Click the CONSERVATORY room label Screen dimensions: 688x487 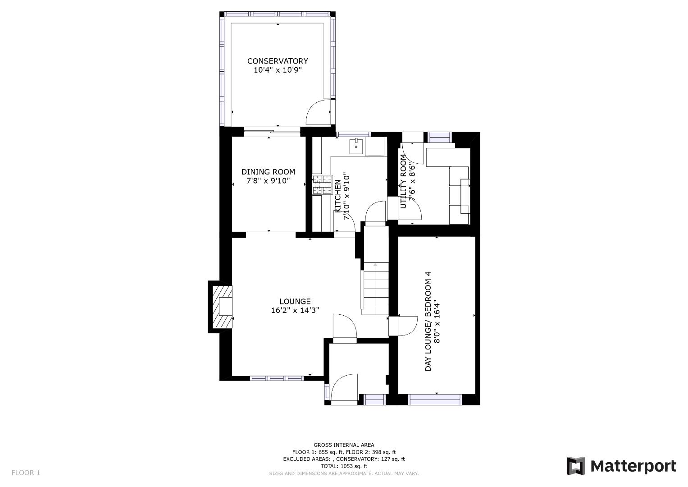[x=278, y=61]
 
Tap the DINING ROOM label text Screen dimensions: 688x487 [x=268, y=172]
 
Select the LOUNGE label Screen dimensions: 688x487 [x=295, y=301]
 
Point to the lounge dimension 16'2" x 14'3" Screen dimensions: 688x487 [x=295, y=310]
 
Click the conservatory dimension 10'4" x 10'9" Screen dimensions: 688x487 [x=278, y=70]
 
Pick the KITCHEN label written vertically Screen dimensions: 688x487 [x=337, y=196]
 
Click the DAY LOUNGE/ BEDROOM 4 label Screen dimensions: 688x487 [x=428, y=321]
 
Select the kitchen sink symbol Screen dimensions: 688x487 [x=356, y=147]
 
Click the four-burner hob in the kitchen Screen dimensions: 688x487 [x=323, y=185]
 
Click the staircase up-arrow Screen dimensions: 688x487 [x=375, y=264]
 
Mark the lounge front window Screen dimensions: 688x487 [x=277, y=378]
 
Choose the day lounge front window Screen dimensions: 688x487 [x=435, y=400]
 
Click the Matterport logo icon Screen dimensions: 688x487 [x=575, y=466]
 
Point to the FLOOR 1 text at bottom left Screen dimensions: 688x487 [x=26, y=473]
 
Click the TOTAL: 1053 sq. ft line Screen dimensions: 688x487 [x=344, y=466]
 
